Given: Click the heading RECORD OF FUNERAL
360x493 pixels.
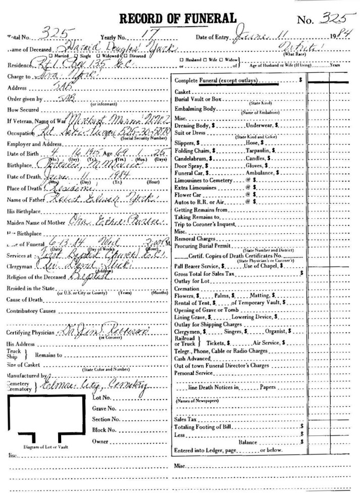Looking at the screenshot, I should (178, 19).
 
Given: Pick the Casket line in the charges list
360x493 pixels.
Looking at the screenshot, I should (181, 92).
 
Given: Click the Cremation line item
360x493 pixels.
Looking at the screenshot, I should (186, 288).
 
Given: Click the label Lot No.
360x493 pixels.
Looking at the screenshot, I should (101, 398).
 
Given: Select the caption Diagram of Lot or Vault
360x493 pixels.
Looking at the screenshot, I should (43, 448).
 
